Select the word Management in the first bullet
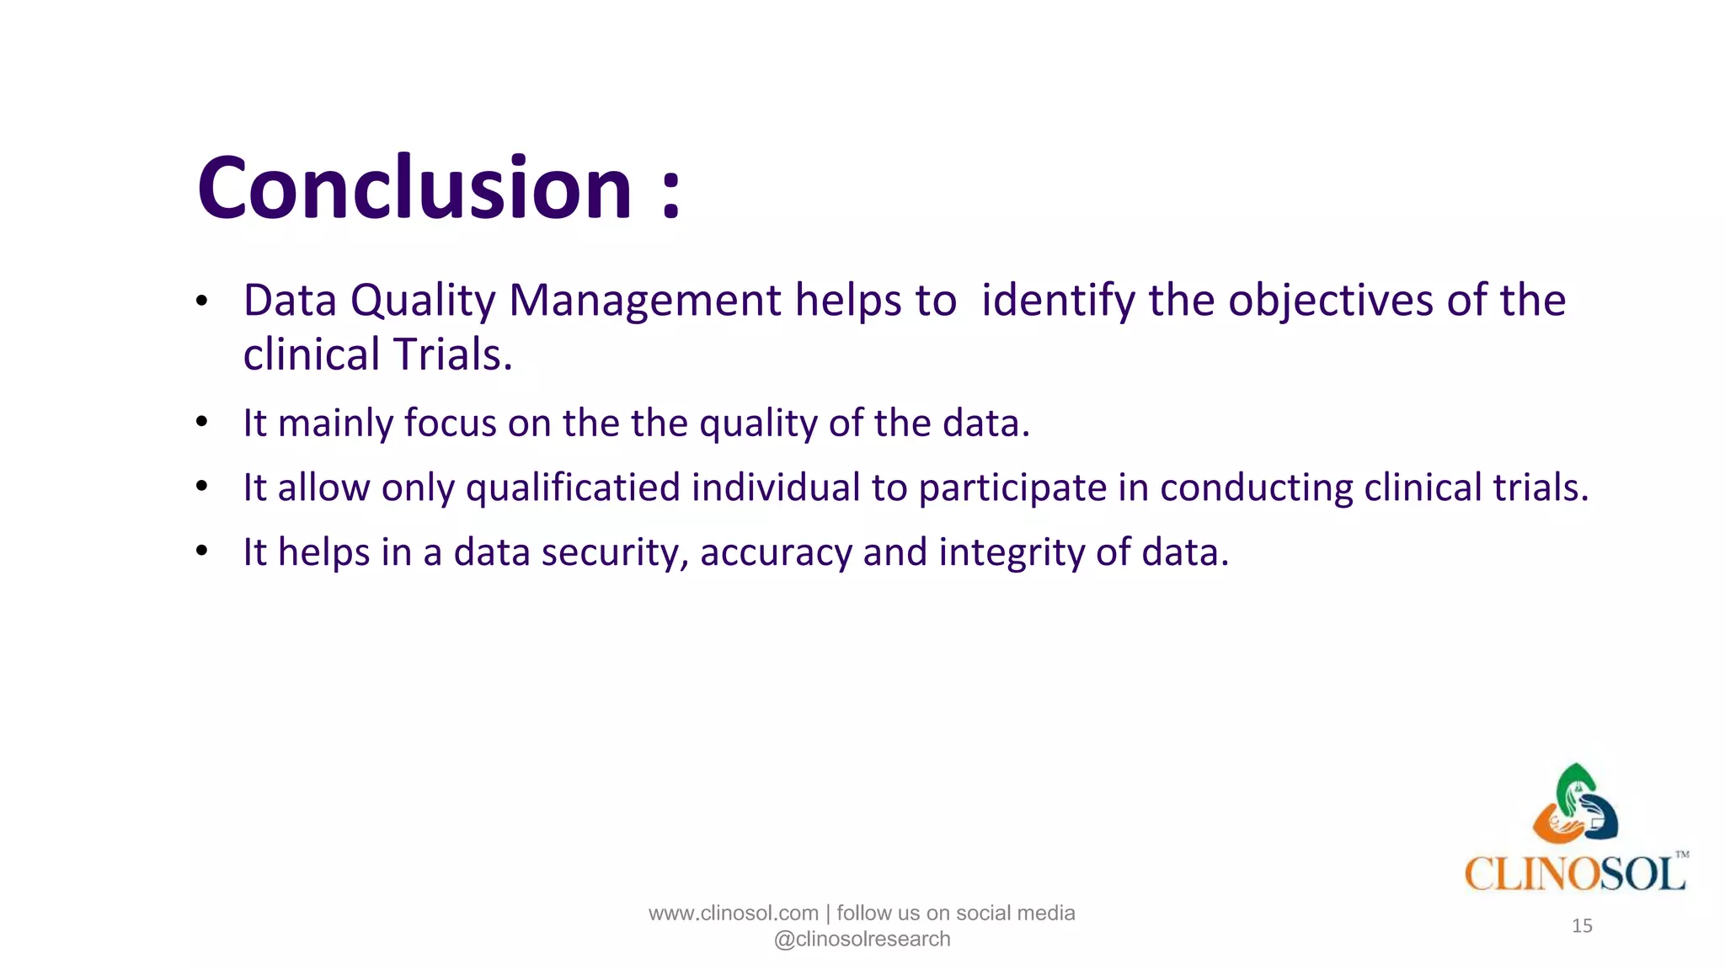(x=645, y=301)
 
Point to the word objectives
(x=1330, y=301)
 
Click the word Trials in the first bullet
(x=450, y=354)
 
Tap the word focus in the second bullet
(x=450, y=423)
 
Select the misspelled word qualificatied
(x=573, y=488)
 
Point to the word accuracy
(x=776, y=554)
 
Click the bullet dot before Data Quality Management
(x=201, y=301)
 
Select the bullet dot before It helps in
(x=201, y=552)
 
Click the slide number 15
(x=1582, y=926)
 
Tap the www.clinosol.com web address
(x=733, y=914)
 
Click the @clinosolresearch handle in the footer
(x=862, y=940)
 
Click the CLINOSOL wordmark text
(x=1574, y=874)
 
